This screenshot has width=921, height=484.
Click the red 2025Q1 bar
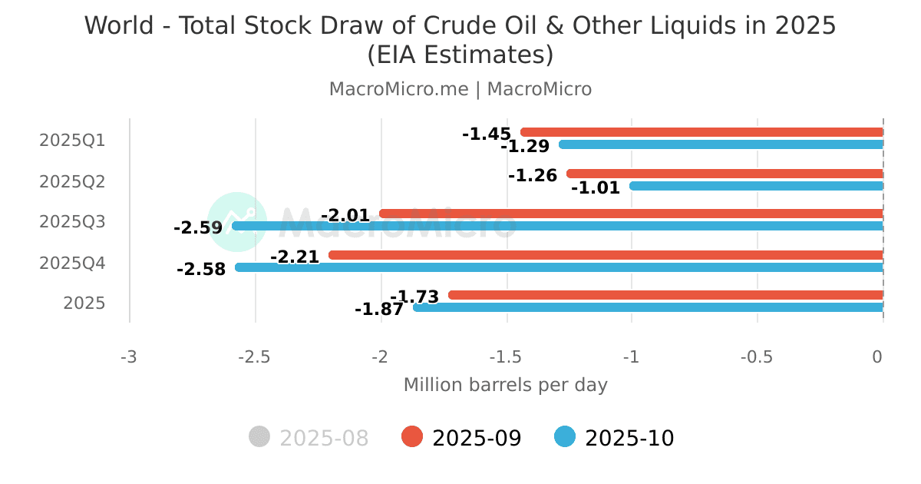click(x=701, y=132)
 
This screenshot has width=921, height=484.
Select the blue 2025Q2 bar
click(x=756, y=186)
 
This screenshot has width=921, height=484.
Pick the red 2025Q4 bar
click(x=606, y=255)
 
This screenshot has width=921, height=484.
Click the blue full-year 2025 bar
click(x=649, y=307)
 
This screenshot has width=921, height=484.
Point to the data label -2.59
click(x=198, y=228)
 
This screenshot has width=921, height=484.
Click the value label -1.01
click(x=596, y=187)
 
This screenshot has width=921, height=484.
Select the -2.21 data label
click(x=295, y=257)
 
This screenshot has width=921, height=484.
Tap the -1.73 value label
click(x=414, y=297)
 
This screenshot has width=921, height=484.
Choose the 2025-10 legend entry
click(x=615, y=438)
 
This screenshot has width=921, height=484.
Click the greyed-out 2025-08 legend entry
click(x=309, y=438)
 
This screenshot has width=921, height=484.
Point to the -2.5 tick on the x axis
click(x=254, y=357)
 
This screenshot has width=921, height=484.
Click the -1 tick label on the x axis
click(x=632, y=357)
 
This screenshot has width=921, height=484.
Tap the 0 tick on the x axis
click(x=877, y=357)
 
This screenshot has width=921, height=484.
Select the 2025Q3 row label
click(x=72, y=222)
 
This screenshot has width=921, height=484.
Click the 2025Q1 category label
click(x=72, y=141)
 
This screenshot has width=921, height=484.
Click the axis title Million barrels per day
click(x=505, y=385)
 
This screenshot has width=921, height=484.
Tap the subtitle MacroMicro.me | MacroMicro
click(x=460, y=89)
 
